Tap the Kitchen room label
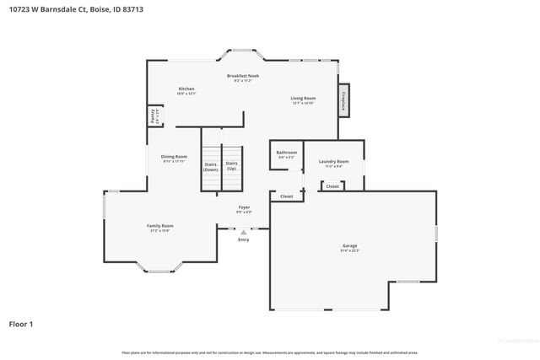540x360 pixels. tap(186, 90)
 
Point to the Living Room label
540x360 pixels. tap(303, 100)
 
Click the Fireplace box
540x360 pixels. tap(343, 98)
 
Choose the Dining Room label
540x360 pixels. tap(175, 158)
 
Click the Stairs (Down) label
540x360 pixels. tap(211, 167)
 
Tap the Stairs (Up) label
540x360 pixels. tap(231, 165)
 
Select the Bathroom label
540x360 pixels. tap(287, 153)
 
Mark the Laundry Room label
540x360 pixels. tap(333, 164)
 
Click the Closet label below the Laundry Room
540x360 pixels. tap(332, 186)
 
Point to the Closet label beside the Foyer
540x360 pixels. tap(286, 196)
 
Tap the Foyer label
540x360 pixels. tap(244, 208)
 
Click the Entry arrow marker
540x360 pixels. tap(244, 232)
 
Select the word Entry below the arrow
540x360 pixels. tap(244, 239)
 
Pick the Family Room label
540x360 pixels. tap(159, 227)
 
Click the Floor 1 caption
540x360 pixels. tap(22, 324)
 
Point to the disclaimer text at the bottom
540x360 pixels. tap(269, 352)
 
